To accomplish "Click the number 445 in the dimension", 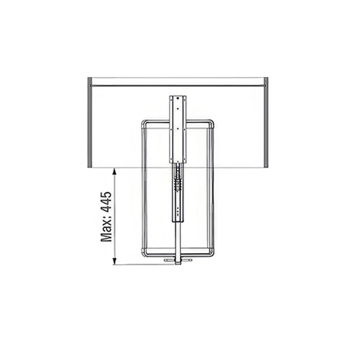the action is pyautogui.click(x=106, y=201).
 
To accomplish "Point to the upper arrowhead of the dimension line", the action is pyautogui.click(x=114, y=171).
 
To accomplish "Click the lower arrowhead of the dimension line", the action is pyautogui.click(x=114, y=261).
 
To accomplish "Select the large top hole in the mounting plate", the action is pyautogui.click(x=178, y=98).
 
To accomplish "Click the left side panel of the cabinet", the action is pyautogui.click(x=90, y=122).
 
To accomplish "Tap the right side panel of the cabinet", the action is pyautogui.click(x=266, y=122).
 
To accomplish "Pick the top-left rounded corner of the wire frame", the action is pyautogui.click(x=144, y=122).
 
